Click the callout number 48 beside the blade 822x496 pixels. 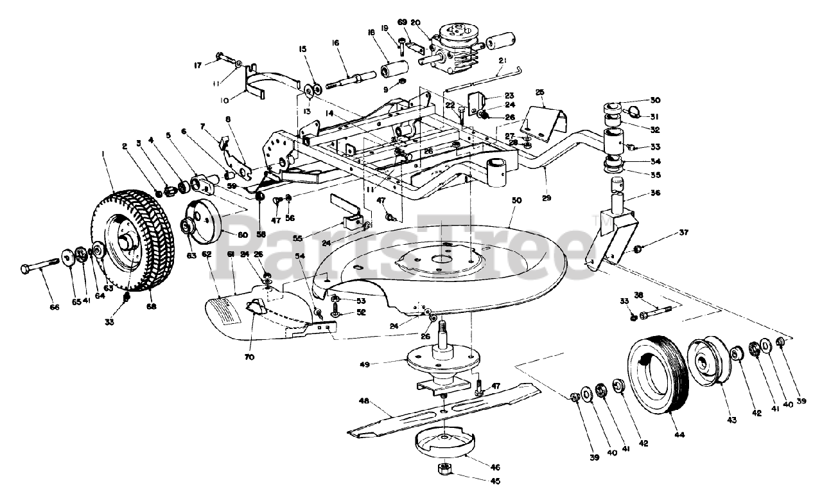363,402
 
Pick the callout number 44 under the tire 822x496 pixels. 679,435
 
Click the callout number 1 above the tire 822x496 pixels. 103,153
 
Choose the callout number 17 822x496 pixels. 198,65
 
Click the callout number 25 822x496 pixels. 539,92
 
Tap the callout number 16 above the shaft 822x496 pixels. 335,43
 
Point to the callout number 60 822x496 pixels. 243,235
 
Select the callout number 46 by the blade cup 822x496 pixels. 494,467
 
